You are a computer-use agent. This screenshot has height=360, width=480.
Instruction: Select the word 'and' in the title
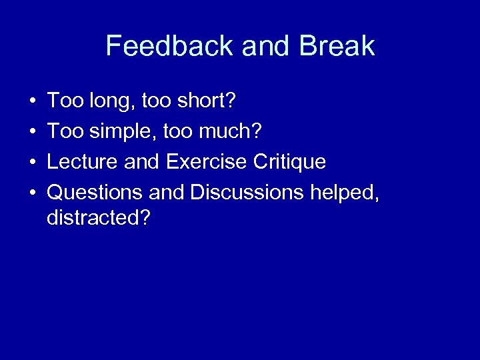267,46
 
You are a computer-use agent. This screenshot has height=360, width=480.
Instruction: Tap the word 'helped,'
345,193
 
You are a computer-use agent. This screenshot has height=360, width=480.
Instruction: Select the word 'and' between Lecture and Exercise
145,162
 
